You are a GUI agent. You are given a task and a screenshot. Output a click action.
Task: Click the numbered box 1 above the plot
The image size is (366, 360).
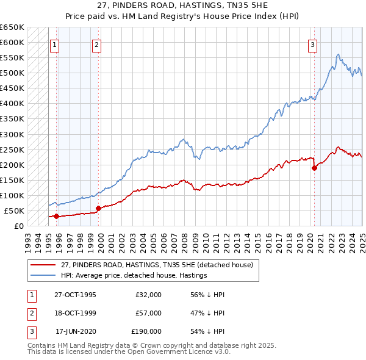(x=55, y=44)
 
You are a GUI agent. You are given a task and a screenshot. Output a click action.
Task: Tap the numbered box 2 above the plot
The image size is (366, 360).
(x=97, y=44)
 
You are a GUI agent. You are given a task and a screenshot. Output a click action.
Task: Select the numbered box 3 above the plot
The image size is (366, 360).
(x=312, y=44)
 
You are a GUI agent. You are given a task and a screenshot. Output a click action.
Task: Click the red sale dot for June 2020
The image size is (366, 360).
(x=315, y=168)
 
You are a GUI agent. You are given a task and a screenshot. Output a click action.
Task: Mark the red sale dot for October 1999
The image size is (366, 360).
(x=98, y=209)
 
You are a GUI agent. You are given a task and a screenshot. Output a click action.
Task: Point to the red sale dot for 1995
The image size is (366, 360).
(x=57, y=216)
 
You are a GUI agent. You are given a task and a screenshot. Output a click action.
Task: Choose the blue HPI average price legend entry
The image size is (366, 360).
(x=134, y=275)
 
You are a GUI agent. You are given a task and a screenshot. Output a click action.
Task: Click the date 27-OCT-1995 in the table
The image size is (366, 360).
(x=75, y=295)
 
